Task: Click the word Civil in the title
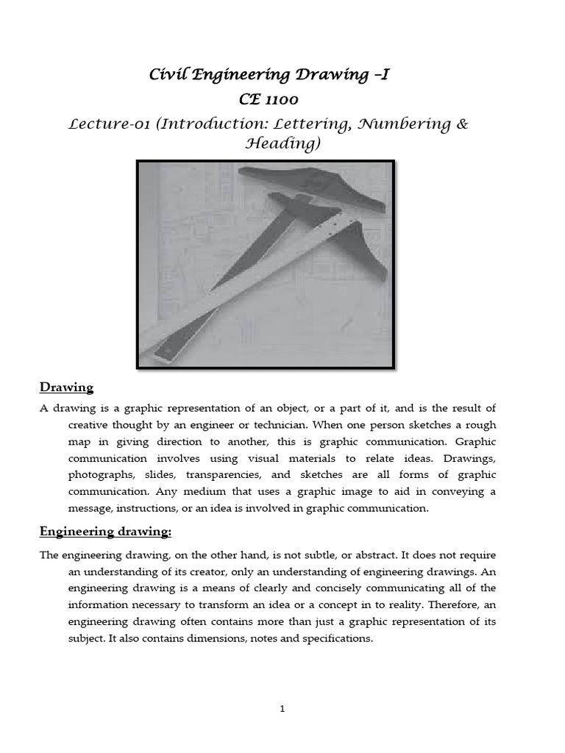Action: coord(168,74)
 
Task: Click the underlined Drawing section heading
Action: coord(66,387)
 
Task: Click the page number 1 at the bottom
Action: coord(282,709)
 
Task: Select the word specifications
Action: coord(334,638)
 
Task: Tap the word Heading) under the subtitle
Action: coord(282,143)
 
